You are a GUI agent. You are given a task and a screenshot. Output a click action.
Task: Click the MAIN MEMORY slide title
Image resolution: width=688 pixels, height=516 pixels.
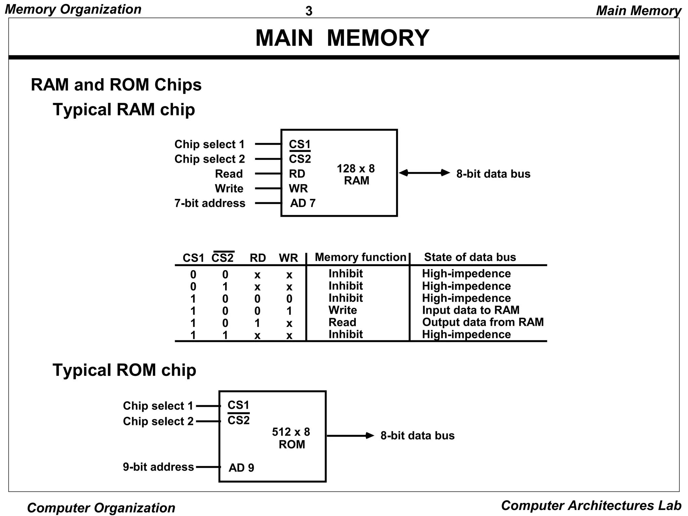[342, 38]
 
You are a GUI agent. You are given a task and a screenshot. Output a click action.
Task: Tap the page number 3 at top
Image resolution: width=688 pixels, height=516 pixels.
[309, 11]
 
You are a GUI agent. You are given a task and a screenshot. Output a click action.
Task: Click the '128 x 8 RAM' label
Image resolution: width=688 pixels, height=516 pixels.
[356, 174]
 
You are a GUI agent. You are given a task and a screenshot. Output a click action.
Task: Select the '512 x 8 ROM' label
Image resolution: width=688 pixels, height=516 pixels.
[291, 438]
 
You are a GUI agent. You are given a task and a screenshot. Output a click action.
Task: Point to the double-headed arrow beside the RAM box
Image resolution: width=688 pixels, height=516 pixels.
[424, 173]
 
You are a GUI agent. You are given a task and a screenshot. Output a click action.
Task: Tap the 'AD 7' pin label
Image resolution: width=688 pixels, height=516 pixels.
[303, 203]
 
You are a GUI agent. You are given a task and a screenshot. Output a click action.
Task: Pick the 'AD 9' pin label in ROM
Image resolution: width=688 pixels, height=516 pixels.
[241, 468]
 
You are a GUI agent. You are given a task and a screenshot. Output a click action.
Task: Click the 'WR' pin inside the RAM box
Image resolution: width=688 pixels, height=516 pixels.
[298, 188]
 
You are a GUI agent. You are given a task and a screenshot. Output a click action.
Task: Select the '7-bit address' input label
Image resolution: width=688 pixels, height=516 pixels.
[210, 203]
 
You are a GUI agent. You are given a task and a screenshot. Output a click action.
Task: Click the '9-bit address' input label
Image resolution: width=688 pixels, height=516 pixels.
[158, 467]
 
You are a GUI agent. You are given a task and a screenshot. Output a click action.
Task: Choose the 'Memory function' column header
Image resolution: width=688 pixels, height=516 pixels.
[360, 257]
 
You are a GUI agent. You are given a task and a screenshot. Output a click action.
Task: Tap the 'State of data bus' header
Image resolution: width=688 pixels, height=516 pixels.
[470, 257]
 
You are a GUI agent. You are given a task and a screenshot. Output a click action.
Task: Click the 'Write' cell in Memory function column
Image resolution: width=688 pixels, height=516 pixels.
[342, 310]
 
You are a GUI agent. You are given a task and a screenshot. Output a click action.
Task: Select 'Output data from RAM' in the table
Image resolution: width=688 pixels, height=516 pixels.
[482, 322]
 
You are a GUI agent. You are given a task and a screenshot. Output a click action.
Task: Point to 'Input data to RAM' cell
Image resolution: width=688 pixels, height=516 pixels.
[470, 310]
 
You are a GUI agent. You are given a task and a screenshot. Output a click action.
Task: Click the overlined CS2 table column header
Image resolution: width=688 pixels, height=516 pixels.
[223, 258]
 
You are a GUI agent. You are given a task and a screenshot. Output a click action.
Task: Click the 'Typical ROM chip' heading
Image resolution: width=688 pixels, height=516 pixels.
[124, 370]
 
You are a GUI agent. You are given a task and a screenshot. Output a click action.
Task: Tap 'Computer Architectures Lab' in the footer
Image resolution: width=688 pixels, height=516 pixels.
[591, 506]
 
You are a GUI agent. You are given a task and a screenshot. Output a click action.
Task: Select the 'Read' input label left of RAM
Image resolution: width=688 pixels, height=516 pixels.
[228, 174]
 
